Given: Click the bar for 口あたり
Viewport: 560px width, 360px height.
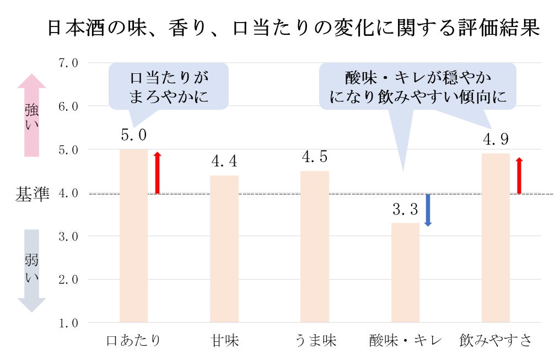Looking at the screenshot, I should (x=134, y=235).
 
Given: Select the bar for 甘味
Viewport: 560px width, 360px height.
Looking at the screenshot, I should (x=224, y=249).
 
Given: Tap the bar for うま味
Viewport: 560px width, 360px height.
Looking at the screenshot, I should (x=315, y=246).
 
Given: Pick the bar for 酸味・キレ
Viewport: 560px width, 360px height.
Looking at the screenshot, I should (x=405, y=272).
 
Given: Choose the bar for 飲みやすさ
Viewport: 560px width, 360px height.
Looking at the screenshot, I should (x=496, y=238).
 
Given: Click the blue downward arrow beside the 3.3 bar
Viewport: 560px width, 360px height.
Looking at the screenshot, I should (x=428, y=210).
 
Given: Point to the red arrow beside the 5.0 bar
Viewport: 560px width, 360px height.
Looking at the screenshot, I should (x=157, y=173).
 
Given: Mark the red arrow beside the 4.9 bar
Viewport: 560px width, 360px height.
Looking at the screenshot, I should (x=519, y=175).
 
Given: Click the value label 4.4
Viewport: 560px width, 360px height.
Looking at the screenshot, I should (x=224, y=162).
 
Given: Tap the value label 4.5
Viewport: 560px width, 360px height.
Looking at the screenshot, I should (x=315, y=157).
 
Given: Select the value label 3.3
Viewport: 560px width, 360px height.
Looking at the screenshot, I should (x=405, y=209).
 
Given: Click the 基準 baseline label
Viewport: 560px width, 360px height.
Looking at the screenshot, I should (x=33, y=194).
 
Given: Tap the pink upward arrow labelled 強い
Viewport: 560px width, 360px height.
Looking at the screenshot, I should (x=31, y=115).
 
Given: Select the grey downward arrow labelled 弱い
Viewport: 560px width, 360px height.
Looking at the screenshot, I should (x=31, y=270).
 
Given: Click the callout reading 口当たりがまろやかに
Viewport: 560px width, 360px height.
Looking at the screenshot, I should (x=169, y=87).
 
